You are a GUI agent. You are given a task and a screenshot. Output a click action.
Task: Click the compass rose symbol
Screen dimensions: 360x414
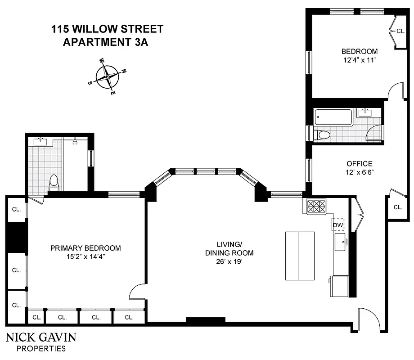point(107,76)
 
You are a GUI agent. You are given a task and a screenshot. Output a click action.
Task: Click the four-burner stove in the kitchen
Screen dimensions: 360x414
point(316,207)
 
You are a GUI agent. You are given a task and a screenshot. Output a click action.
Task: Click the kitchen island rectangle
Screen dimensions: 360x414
point(299,256)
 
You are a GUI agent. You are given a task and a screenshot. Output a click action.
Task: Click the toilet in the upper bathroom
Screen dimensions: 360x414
point(323,134)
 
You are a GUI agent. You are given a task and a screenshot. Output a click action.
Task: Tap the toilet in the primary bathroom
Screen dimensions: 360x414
point(54,182)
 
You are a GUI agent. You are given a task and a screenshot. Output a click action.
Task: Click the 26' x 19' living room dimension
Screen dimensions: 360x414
point(229,261)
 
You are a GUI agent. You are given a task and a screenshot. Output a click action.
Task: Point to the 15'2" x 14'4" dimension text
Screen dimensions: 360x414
point(85,256)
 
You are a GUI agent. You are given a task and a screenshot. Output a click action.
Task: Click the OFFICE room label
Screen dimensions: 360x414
point(359,163)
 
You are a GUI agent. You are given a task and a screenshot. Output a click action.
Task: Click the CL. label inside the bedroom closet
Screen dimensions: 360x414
point(400,31)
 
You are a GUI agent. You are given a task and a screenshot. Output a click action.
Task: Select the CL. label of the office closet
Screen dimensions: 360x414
point(397,207)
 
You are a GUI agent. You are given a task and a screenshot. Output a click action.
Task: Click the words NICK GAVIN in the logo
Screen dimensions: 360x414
point(41,338)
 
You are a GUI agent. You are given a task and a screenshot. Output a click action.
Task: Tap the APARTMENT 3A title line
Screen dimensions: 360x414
point(106,42)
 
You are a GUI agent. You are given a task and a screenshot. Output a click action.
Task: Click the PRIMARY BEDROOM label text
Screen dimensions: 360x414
point(85,248)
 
